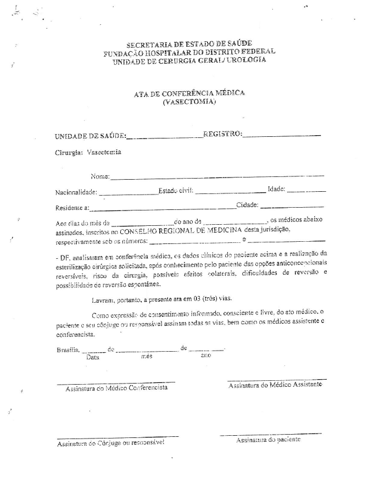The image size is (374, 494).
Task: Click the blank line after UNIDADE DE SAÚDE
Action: pyautogui.click(x=164, y=137)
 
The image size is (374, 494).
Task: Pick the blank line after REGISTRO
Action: pyautogui.click(x=281, y=135)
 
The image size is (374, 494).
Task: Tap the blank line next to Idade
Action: pyautogui.click(x=306, y=191)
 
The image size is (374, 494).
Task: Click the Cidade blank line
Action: pyautogui.click(x=292, y=207)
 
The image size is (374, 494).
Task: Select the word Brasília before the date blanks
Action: pyautogui.click(x=68, y=349)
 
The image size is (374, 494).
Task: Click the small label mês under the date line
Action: pyautogui.click(x=146, y=356)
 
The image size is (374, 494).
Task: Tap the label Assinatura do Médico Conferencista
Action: pyautogui.click(x=116, y=388)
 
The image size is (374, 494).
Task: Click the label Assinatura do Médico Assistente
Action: pyautogui.click(x=275, y=385)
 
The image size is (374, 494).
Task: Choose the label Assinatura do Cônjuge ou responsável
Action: pyautogui.click(x=110, y=442)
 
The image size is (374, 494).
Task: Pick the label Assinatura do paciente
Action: pyautogui.click(x=268, y=440)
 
